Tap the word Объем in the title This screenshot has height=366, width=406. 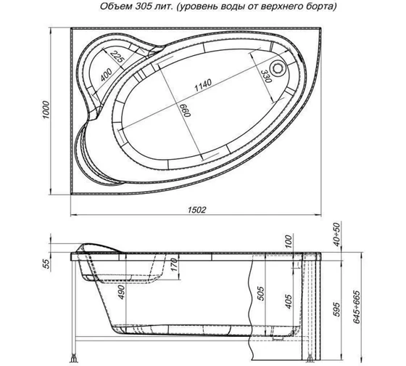point(111,7)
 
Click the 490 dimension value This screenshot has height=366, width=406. point(123,293)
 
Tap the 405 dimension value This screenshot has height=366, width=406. point(289,300)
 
